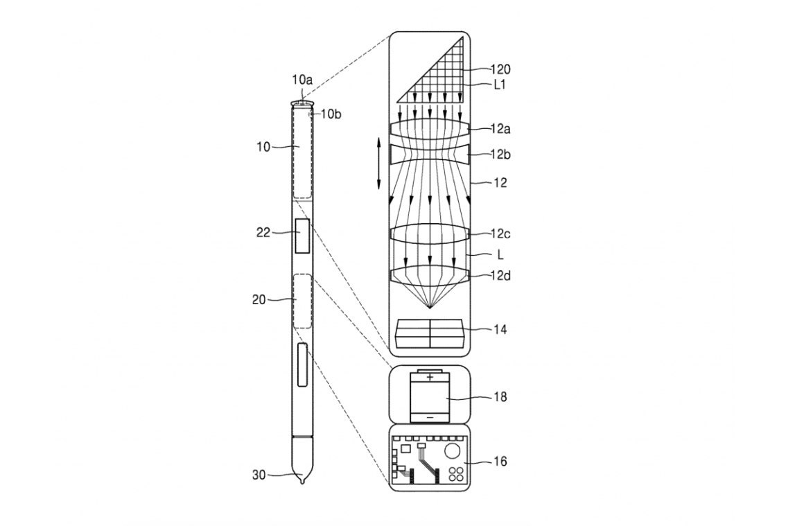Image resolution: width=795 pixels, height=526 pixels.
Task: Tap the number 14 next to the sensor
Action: (x=499, y=330)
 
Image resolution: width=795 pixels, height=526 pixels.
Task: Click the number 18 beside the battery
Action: (x=499, y=397)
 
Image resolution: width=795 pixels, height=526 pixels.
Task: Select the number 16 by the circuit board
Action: (x=499, y=461)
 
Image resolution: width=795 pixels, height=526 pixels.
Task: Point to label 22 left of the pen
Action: (x=263, y=234)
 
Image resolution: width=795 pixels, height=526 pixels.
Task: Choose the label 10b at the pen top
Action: (x=331, y=114)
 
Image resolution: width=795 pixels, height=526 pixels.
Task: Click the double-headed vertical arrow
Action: (x=379, y=163)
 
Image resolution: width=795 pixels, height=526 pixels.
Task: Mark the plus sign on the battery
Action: (x=430, y=378)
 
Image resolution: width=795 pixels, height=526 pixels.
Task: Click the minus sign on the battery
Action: (x=430, y=417)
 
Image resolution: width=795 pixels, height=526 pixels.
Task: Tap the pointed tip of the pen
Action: (x=302, y=481)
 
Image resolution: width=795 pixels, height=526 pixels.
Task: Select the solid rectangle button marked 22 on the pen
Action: (x=302, y=236)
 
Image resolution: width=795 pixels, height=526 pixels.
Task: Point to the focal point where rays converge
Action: (x=430, y=308)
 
